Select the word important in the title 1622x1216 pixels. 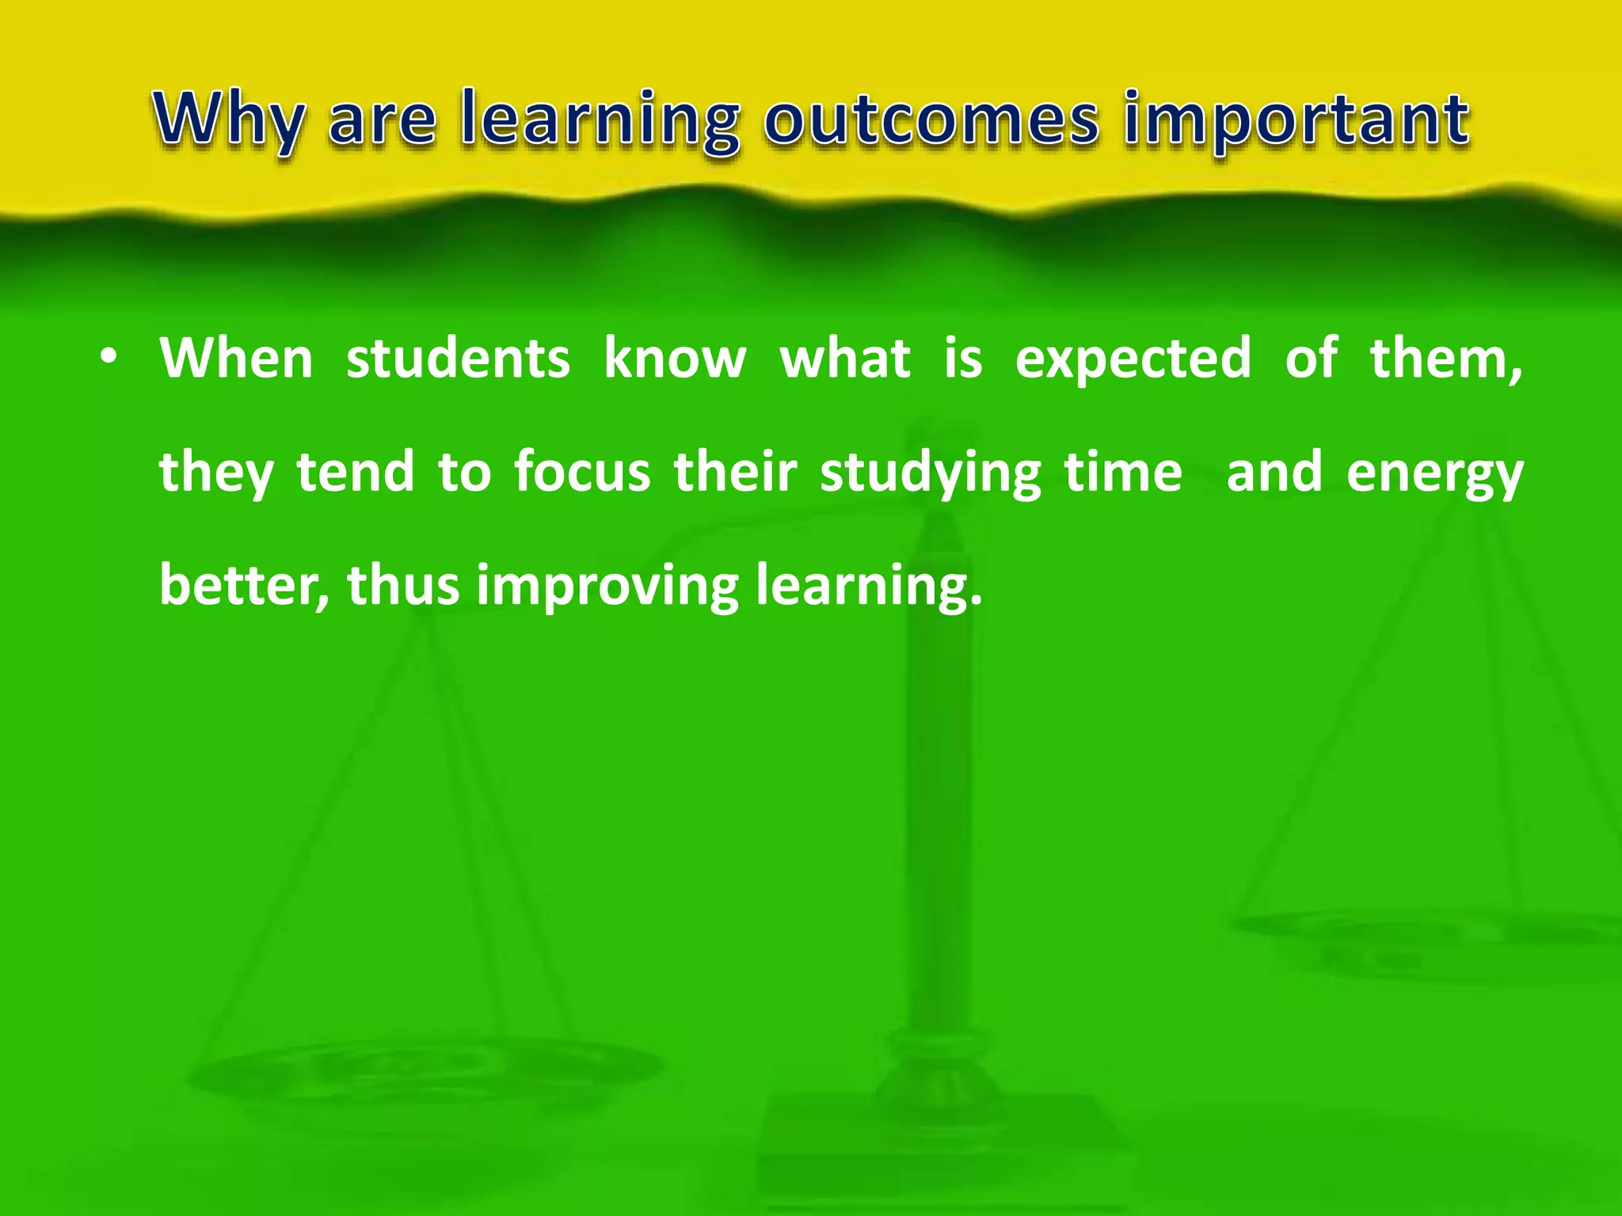pos(1296,120)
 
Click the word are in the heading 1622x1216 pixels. pos(382,120)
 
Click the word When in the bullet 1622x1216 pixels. pos(236,358)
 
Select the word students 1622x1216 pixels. pos(458,358)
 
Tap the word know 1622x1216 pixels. pos(675,358)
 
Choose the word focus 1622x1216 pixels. pos(582,472)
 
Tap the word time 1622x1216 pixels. pos(1122,472)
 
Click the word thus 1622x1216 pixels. pos(403,586)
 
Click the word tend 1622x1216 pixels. pos(356,472)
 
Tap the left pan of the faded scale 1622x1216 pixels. pos(424,1073)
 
